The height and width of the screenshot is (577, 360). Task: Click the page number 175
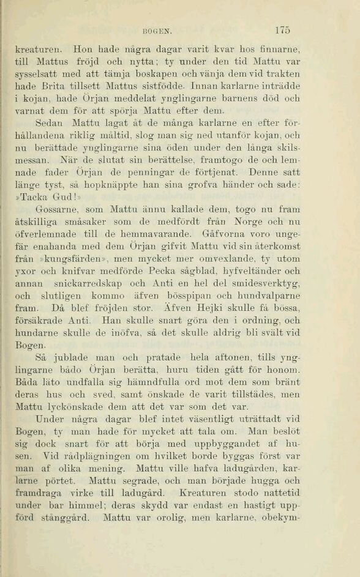[x=282, y=28]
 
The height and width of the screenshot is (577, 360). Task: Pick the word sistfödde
[x=185, y=86]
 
